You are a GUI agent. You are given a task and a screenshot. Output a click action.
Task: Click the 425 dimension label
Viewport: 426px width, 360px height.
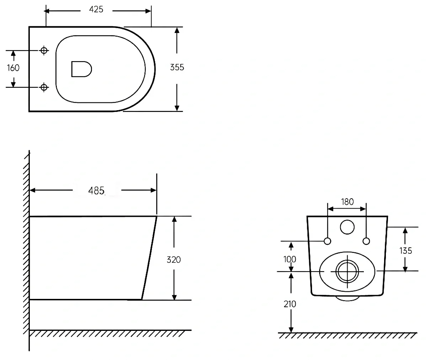[96, 9]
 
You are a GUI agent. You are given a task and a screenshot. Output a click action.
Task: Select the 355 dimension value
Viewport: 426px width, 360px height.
[177, 68]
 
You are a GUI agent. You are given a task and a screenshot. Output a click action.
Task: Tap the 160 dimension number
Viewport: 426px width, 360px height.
[13, 68]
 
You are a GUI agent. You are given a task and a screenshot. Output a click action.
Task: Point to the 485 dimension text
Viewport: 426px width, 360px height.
[96, 190]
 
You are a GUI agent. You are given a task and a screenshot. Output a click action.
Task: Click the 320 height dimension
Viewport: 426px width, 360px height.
[174, 260]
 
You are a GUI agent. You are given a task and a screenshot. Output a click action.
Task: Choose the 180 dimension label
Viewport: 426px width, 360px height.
[347, 202]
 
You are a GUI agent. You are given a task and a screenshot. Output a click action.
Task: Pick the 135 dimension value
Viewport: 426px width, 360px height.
[406, 251]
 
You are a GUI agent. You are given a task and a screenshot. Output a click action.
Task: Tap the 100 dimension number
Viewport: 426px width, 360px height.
[290, 259]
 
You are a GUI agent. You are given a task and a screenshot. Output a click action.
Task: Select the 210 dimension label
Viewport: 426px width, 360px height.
[290, 304]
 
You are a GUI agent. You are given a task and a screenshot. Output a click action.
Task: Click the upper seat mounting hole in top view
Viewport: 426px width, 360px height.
[44, 50]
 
